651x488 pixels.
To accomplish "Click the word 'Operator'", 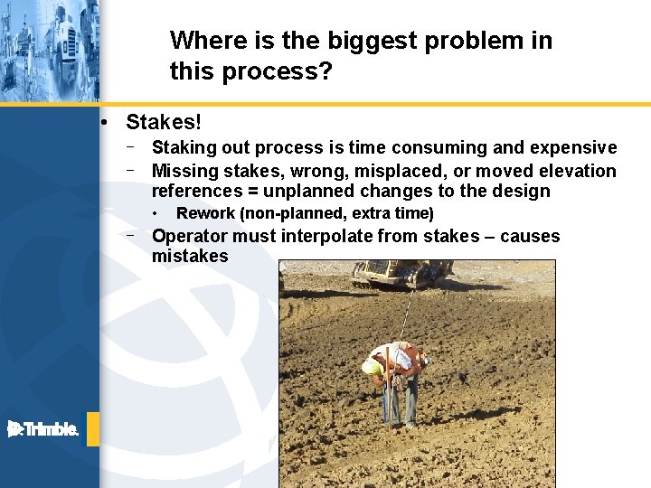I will point(189,236).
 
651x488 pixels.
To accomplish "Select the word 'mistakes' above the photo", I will point(190,256).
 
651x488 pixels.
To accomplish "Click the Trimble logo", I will point(43,429).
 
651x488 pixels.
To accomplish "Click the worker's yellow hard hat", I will point(371,368).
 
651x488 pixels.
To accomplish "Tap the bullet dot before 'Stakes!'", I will point(106,122).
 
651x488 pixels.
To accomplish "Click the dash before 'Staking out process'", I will point(131,146).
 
